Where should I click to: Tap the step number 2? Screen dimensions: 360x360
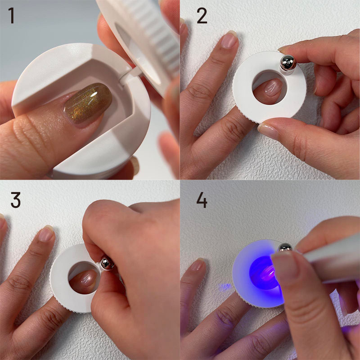click(x=202, y=16)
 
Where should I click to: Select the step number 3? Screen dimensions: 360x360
click(x=16, y=200)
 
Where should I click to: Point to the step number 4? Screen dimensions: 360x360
click(x=202, y=200)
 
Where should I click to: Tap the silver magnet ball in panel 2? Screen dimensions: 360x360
click(x=288, y=63)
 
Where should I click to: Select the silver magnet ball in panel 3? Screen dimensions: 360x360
click(x=107, y=264)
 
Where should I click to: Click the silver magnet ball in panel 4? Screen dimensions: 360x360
click(x=285, y=248)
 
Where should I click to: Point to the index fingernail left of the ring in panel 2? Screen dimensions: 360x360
click(x=229, y=40)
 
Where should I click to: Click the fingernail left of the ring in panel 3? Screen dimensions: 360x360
click(x=46, y=234)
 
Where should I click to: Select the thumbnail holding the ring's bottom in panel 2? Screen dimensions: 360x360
click(x=268, y=131)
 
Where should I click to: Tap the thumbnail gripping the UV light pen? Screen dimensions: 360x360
click(x=285, y=266)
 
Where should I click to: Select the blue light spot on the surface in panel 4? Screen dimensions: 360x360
click(x=225, y=287)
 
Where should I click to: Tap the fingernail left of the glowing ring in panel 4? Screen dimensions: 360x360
click(x=198, y=265)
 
